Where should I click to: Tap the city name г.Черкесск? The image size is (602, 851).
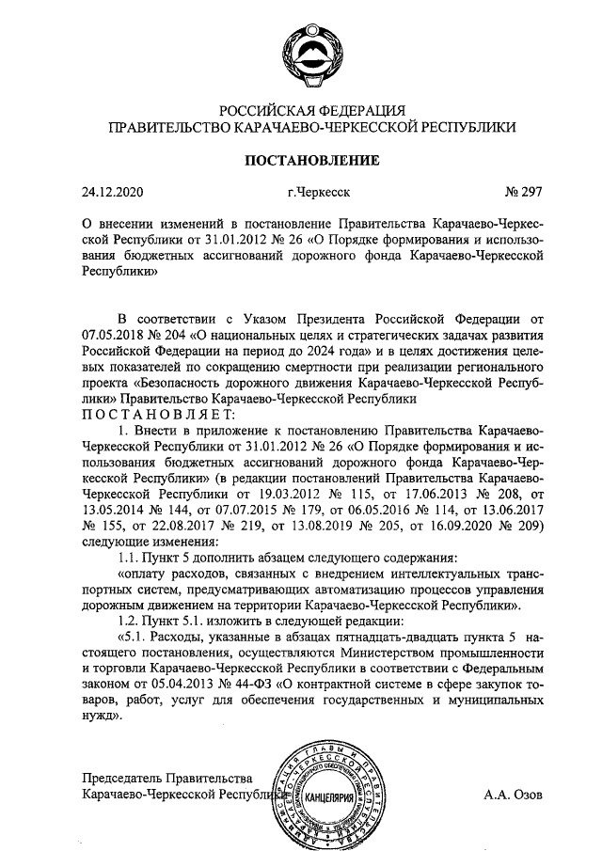[x=319, y=193]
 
